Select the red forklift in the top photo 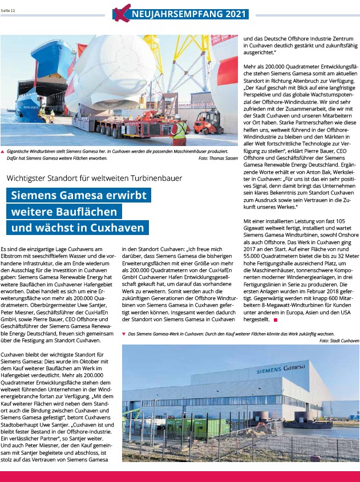tap(207, 122)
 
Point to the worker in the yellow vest tap(179, 131)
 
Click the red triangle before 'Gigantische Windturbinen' tap(3, 152)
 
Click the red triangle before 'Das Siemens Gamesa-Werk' tap(124, 334)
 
